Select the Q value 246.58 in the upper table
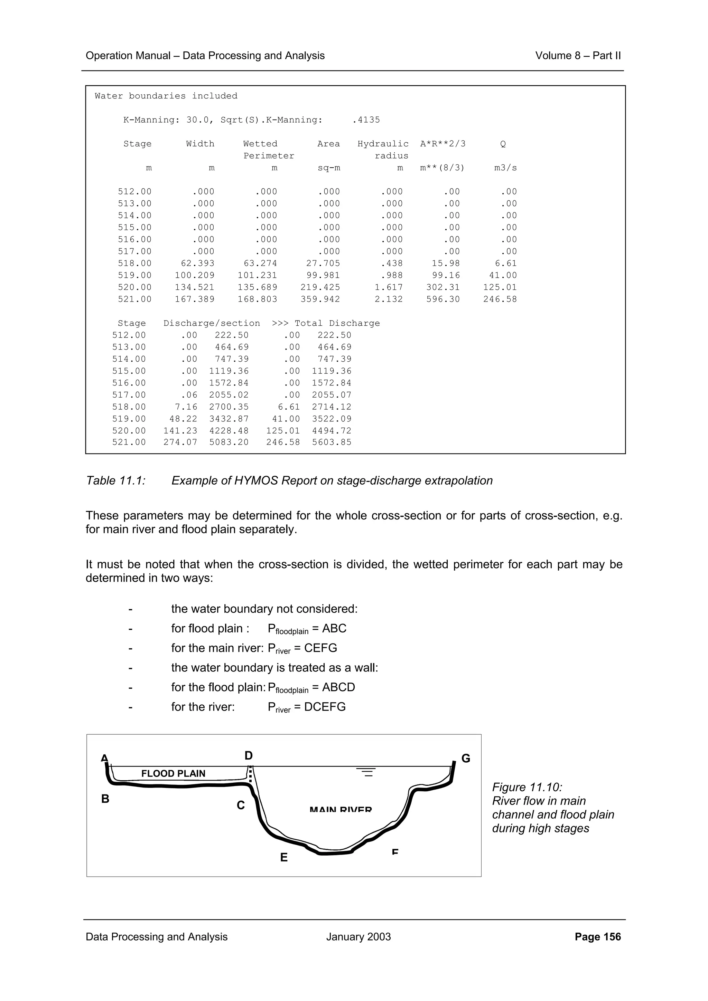coord(500,299)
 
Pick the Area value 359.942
coord(320,299)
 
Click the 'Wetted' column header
coord(260,144)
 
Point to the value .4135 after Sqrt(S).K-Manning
coord(366,120)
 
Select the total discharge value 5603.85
coord(332,442)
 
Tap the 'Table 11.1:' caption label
coord(115,480)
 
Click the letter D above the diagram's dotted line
coord(249,755)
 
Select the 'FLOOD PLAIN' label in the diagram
coord(173,773)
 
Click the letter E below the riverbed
coord(283,858)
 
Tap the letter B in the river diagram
coord(105,799)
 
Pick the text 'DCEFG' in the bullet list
coord(325,707)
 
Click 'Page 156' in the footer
coord(598,936)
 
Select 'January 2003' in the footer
coord(358,936)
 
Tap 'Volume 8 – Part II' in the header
coord(578,56)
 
